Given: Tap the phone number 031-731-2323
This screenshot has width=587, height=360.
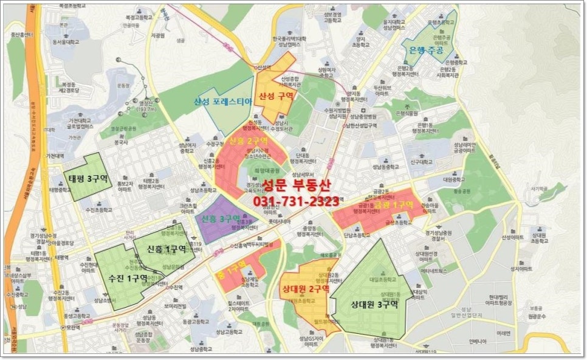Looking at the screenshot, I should point(296,202).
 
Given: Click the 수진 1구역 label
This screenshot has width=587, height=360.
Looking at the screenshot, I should point(127,278).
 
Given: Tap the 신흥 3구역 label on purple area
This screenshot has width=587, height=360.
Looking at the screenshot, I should point(221,218).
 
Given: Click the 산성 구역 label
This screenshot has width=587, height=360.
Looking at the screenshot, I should point(276,97).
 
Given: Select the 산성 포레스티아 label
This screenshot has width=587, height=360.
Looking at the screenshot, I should point(222,101).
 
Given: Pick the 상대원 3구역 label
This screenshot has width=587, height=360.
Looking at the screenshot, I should point(374,305).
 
